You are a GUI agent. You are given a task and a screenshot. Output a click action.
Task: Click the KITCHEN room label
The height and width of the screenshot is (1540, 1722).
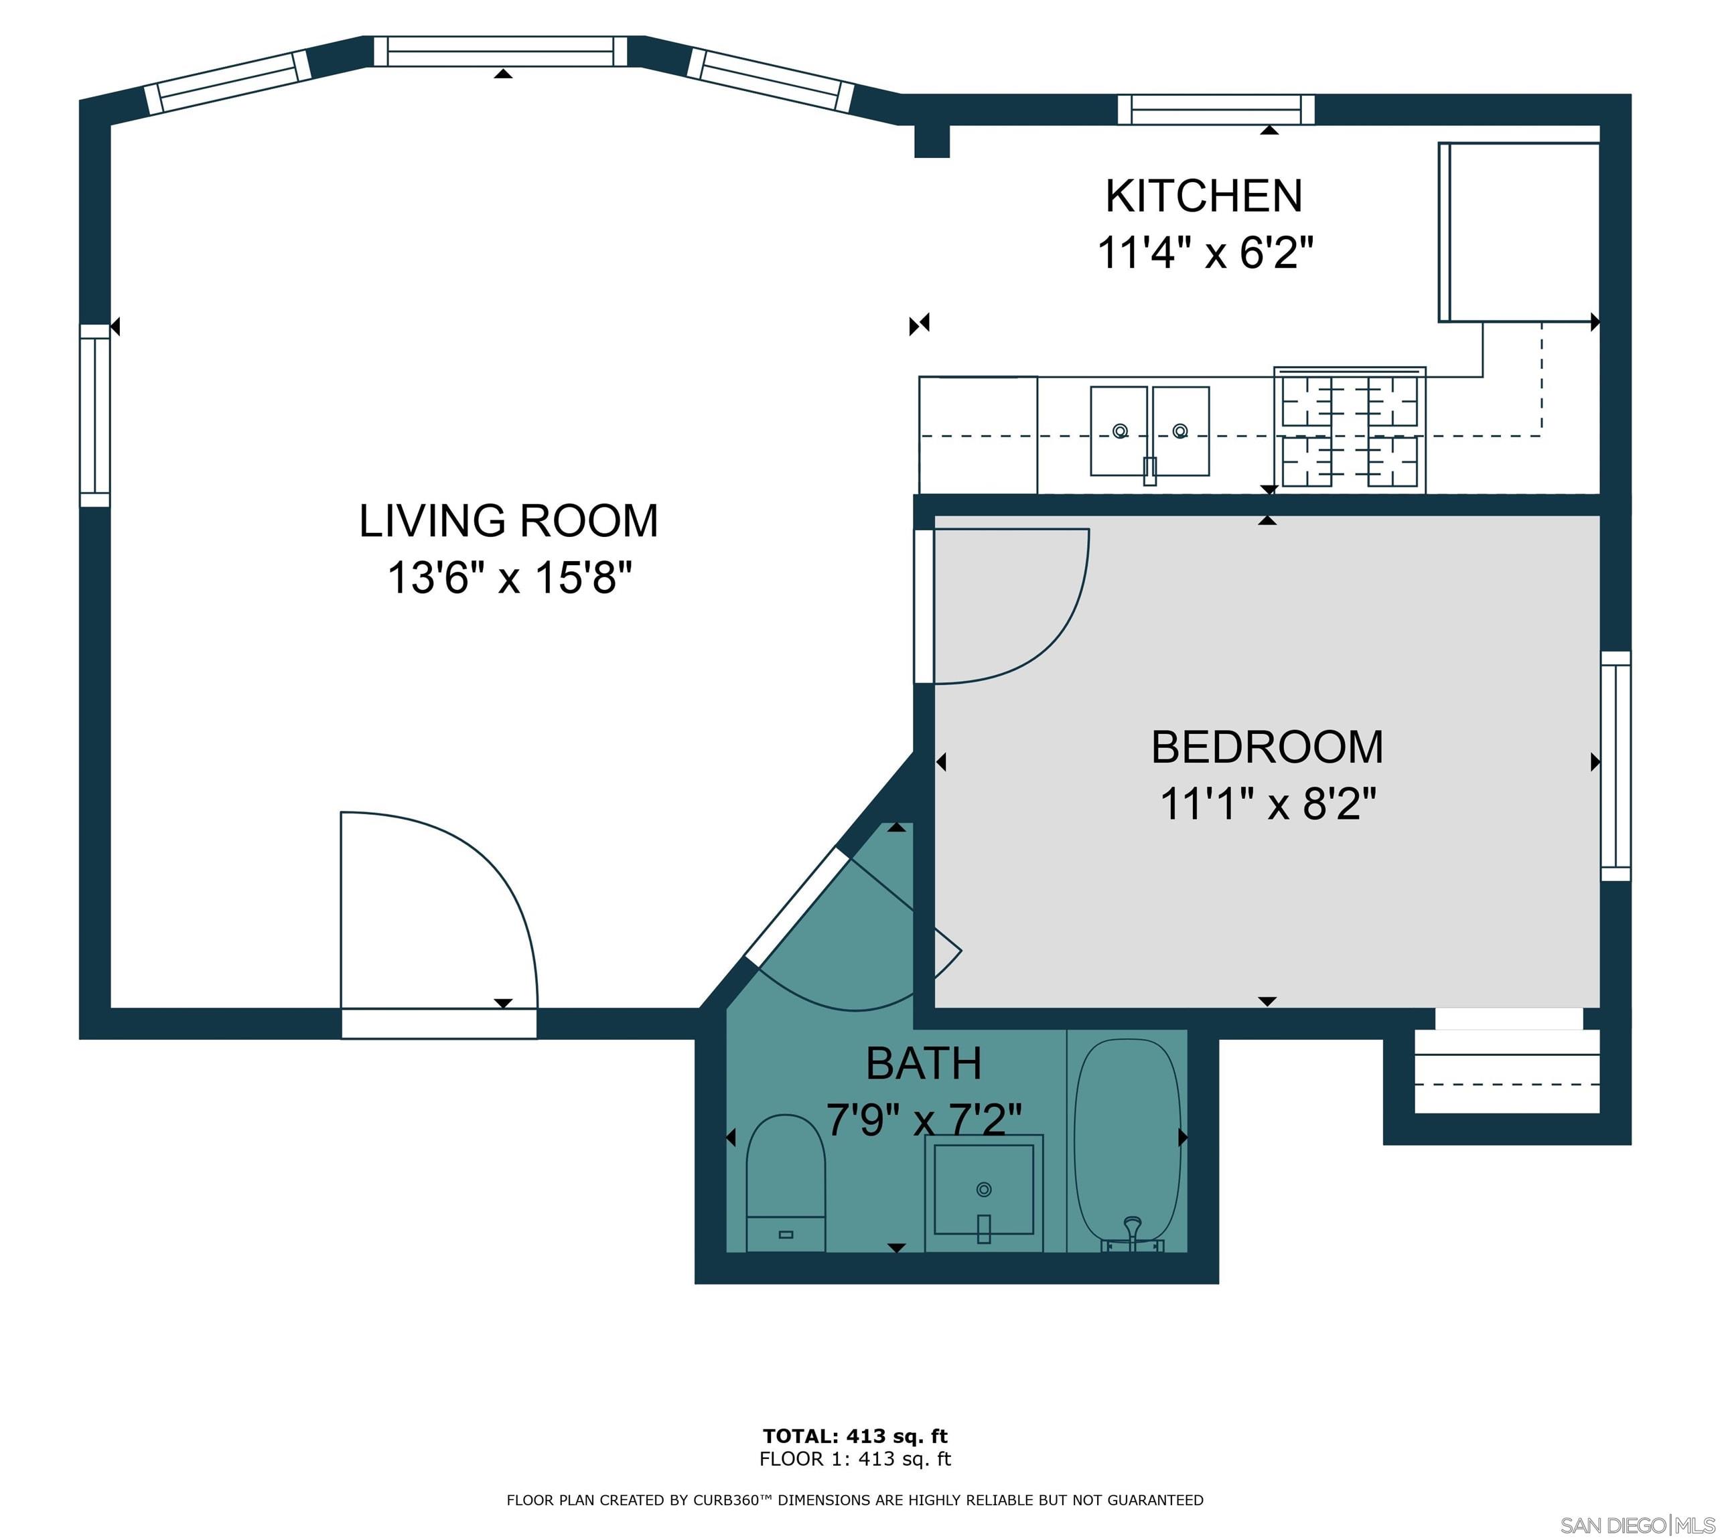(x=1204, y=196)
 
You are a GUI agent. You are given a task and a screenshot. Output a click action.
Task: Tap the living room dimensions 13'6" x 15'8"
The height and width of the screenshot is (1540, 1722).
(x=510, y=578)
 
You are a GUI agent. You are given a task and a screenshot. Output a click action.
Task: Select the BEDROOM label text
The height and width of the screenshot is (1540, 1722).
(x=1267, y=747)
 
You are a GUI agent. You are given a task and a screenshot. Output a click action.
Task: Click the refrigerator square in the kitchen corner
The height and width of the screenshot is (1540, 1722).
(x=1519, y=233)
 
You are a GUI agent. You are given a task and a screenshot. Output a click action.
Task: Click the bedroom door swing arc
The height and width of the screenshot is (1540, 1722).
(x=1007, y=605)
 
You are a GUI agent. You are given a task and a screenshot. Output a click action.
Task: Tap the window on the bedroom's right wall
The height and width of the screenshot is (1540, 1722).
(x=1616, y=766)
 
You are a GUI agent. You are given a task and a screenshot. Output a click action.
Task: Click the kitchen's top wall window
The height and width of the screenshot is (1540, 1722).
(x=1216, y=109)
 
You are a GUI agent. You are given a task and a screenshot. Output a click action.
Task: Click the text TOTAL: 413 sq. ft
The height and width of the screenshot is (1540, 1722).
(x=855, y=1436)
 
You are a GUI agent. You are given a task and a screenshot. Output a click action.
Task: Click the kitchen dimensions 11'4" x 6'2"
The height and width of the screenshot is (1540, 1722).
(x=1205, y=252)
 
